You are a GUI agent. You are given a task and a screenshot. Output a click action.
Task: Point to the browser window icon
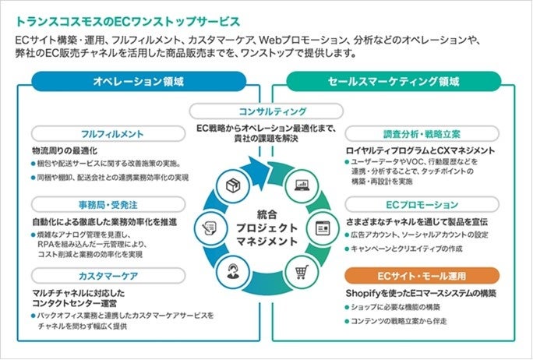click(322, 228)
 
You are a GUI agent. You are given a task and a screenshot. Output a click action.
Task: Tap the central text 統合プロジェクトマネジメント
click(266, 228)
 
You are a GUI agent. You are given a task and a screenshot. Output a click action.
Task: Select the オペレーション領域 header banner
click(139, 81)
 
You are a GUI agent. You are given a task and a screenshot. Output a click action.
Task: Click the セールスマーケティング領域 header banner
click(394, 81)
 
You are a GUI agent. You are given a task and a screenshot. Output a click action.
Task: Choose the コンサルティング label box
click(266, 111)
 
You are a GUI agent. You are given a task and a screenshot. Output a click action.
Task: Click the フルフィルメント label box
click(108, 134)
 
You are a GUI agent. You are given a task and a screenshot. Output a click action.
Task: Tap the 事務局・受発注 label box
click(108, 205)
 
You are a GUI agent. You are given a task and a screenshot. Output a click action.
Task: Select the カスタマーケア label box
click(108, 277)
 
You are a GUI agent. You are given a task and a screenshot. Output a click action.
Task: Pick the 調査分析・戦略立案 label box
click(422, 134)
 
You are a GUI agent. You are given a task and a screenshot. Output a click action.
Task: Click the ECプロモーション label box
click(422, 205)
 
